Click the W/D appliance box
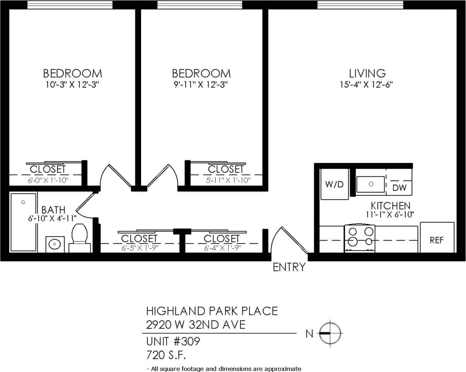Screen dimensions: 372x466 (x=334, y=184)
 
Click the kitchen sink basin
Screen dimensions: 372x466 (x=371, y=184)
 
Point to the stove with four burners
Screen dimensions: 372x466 (x=359, y=238)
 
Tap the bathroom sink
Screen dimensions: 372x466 (x=55, y=244)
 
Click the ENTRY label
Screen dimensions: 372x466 (x=289, y=267)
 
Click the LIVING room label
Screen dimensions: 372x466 (x=367, y=73)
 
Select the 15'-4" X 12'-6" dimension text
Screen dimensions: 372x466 (x=367, y=85)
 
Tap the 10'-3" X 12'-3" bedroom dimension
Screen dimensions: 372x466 (x=72, y=85)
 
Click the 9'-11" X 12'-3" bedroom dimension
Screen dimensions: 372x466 (x=201, y=85)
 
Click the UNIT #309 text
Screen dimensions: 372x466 (x=173, y=341)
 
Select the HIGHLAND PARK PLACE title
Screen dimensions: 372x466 (x=212, y=311)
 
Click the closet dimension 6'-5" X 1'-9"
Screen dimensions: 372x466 (x=139, y=247)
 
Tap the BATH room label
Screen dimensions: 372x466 (x=53, y=210)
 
